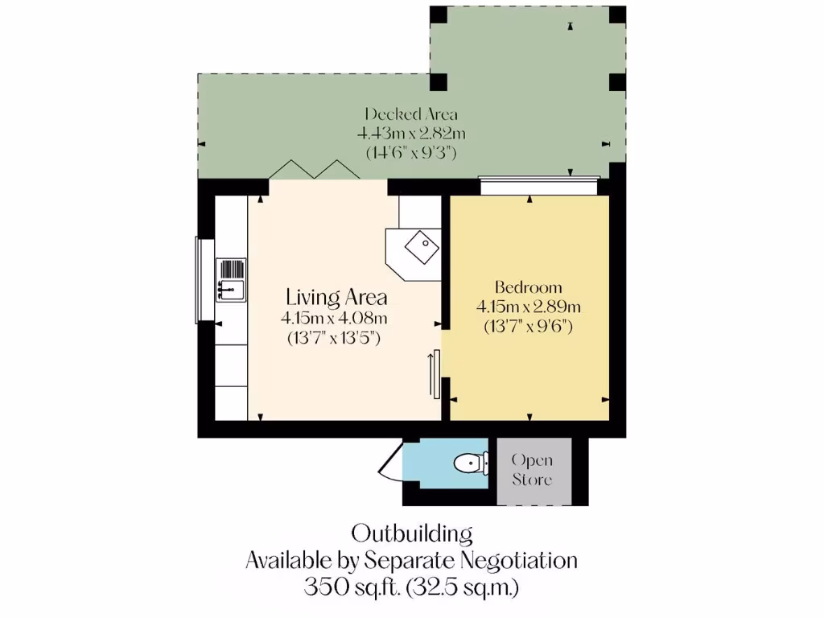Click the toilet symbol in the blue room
point(469,463)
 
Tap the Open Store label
point(533,470)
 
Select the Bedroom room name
point(528,287)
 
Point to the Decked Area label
point(411,113)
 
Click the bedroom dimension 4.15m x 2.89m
point(528,307)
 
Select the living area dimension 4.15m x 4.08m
point(333,318)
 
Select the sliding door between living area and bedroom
point(435,373)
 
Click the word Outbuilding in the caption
point(411,534)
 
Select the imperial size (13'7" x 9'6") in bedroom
point(528,327)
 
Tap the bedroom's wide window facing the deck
point(538,186)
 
